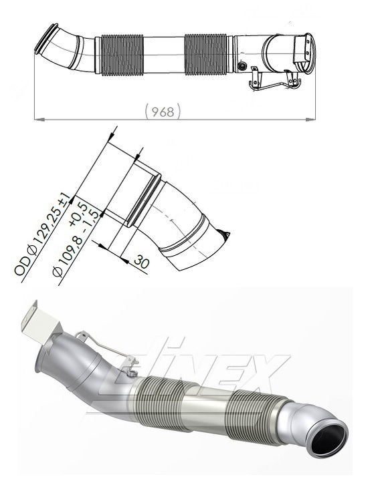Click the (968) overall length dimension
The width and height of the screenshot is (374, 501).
tap(163, 112)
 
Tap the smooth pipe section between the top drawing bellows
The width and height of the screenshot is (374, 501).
tap(165, 55)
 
